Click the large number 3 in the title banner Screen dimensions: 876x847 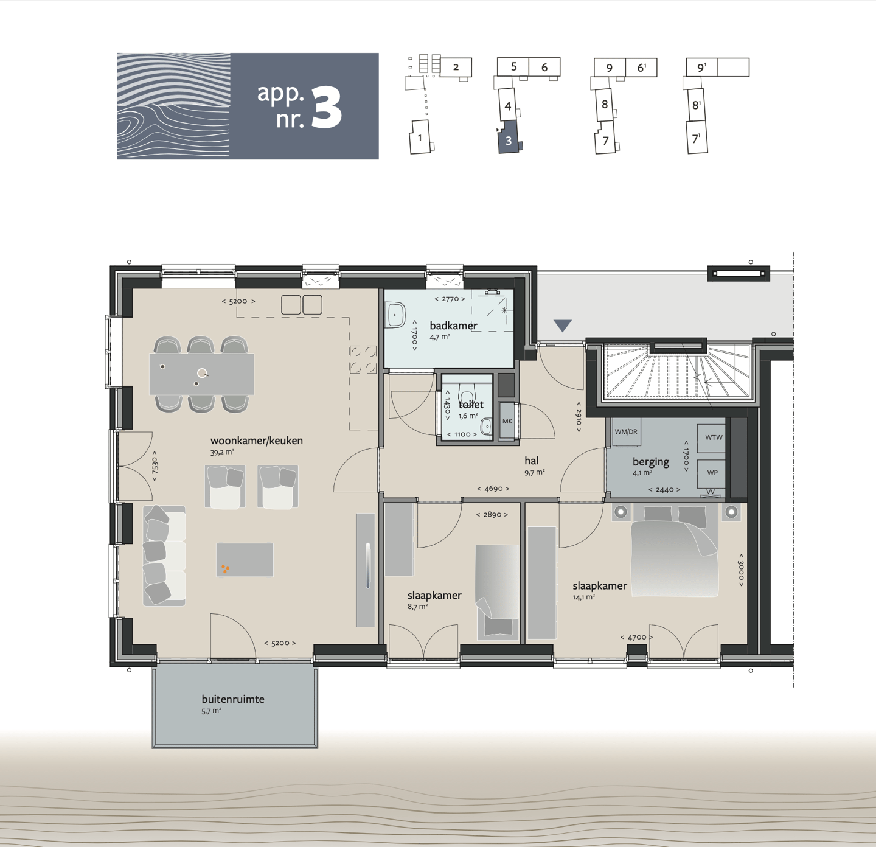point(327,108)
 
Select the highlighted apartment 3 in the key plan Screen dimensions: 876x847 point(508,137)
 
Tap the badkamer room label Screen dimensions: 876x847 point(453,325)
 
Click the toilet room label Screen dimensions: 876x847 point(471,405)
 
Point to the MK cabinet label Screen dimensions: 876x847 point(507,421)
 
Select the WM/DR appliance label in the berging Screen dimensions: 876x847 point(626,431)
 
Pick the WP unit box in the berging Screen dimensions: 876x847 point(712,472)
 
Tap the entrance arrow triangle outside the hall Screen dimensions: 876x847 point(563,326)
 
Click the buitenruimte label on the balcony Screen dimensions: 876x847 point(233,699)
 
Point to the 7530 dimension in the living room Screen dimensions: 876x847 point(155,467)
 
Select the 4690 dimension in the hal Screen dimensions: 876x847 point(493,489)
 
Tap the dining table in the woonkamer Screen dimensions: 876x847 point(202,374)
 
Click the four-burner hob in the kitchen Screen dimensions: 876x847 point(363,359)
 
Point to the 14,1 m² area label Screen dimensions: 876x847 point(584,597)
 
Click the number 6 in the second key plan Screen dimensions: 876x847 point(544,67)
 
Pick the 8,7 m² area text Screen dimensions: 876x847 point(418,607)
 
